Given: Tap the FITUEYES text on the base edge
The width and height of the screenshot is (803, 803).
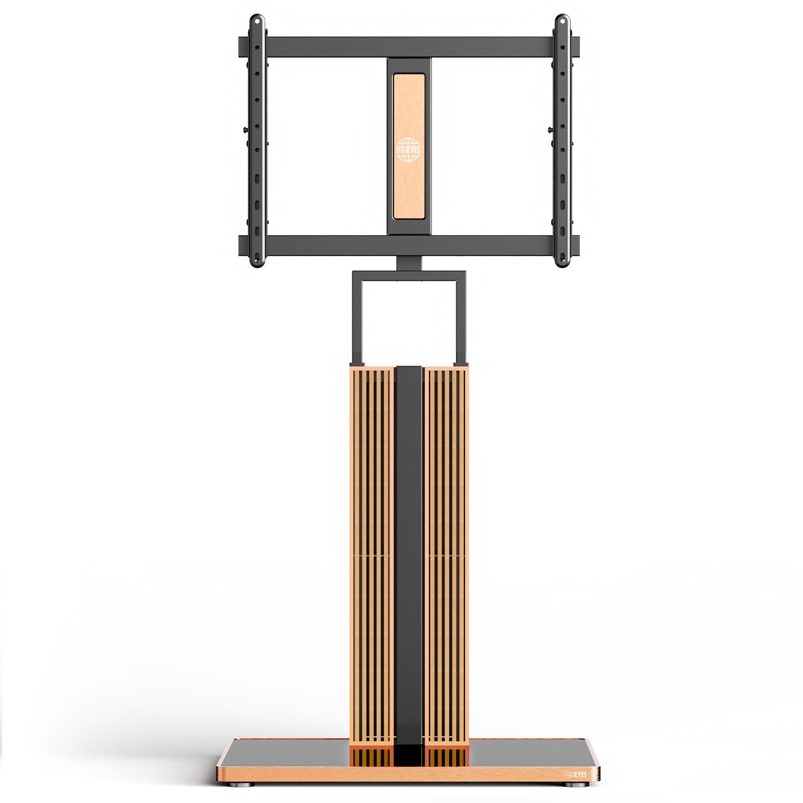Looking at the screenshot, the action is tap(575, 774).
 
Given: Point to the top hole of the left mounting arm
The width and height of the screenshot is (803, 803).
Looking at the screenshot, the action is tap(257, 22).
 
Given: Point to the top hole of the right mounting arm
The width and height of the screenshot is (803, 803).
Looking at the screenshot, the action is tap(562, 22).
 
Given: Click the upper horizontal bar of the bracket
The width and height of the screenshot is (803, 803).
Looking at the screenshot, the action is tap(409, 47).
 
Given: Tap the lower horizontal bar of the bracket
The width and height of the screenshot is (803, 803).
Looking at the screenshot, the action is tap(409, 245).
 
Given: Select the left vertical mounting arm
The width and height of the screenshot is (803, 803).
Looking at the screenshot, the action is tap(257, 141).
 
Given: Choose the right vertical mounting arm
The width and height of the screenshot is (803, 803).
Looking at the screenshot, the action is tap(562, 141).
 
